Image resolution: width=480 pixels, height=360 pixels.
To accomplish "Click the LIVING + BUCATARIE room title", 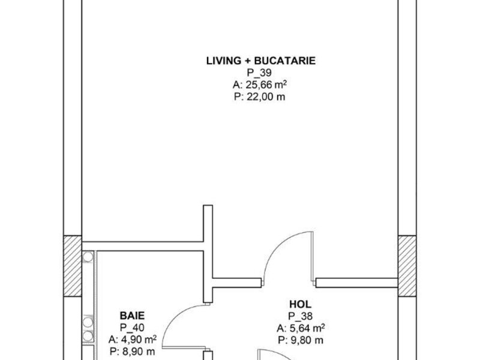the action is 261,61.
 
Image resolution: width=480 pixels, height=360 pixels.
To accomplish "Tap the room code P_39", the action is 259,73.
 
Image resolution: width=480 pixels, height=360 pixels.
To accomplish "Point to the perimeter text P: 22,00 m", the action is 260,97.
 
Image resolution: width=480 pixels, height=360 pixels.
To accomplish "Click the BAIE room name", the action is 132,316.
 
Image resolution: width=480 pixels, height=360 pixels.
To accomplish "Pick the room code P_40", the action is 132,328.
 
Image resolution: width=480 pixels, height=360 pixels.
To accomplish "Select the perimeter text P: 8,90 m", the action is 132,352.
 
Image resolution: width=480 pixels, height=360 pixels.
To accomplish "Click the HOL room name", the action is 301,304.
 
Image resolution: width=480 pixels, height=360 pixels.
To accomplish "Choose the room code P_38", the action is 301,316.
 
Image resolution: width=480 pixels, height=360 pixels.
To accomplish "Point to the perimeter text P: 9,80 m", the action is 301,340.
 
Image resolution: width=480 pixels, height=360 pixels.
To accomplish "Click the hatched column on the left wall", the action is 73,266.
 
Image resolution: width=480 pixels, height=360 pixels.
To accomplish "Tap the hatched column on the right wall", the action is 407,266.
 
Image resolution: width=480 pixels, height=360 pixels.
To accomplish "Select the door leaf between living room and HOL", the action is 313,256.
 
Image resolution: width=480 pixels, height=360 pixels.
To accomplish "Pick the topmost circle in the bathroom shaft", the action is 88,257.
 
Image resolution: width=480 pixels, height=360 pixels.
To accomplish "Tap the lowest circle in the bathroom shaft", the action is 88,336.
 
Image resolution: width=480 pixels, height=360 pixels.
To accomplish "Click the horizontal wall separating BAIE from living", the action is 143,246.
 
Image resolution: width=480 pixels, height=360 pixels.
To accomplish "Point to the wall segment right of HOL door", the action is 357,283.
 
